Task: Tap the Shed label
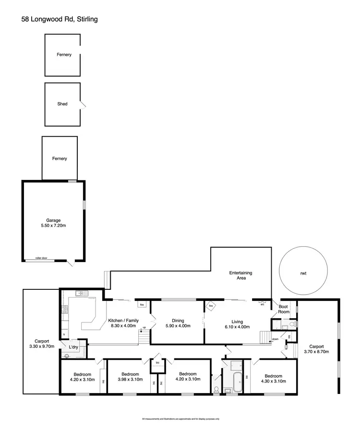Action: [62, 104]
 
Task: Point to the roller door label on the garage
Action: [42, 259]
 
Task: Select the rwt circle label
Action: [303, 273]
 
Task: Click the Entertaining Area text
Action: [240, 275]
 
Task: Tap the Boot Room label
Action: [284, 309]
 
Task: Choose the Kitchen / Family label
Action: [124, 323]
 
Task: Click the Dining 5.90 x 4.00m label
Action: [175, 323]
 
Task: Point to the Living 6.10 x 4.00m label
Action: [236, 324]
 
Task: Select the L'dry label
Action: [73, 346]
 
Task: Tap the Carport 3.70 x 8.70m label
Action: [316, 349]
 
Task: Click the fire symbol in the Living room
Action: [211, 305]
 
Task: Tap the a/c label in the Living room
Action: [263, 304]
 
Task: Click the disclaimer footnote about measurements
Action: [180, 419]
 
